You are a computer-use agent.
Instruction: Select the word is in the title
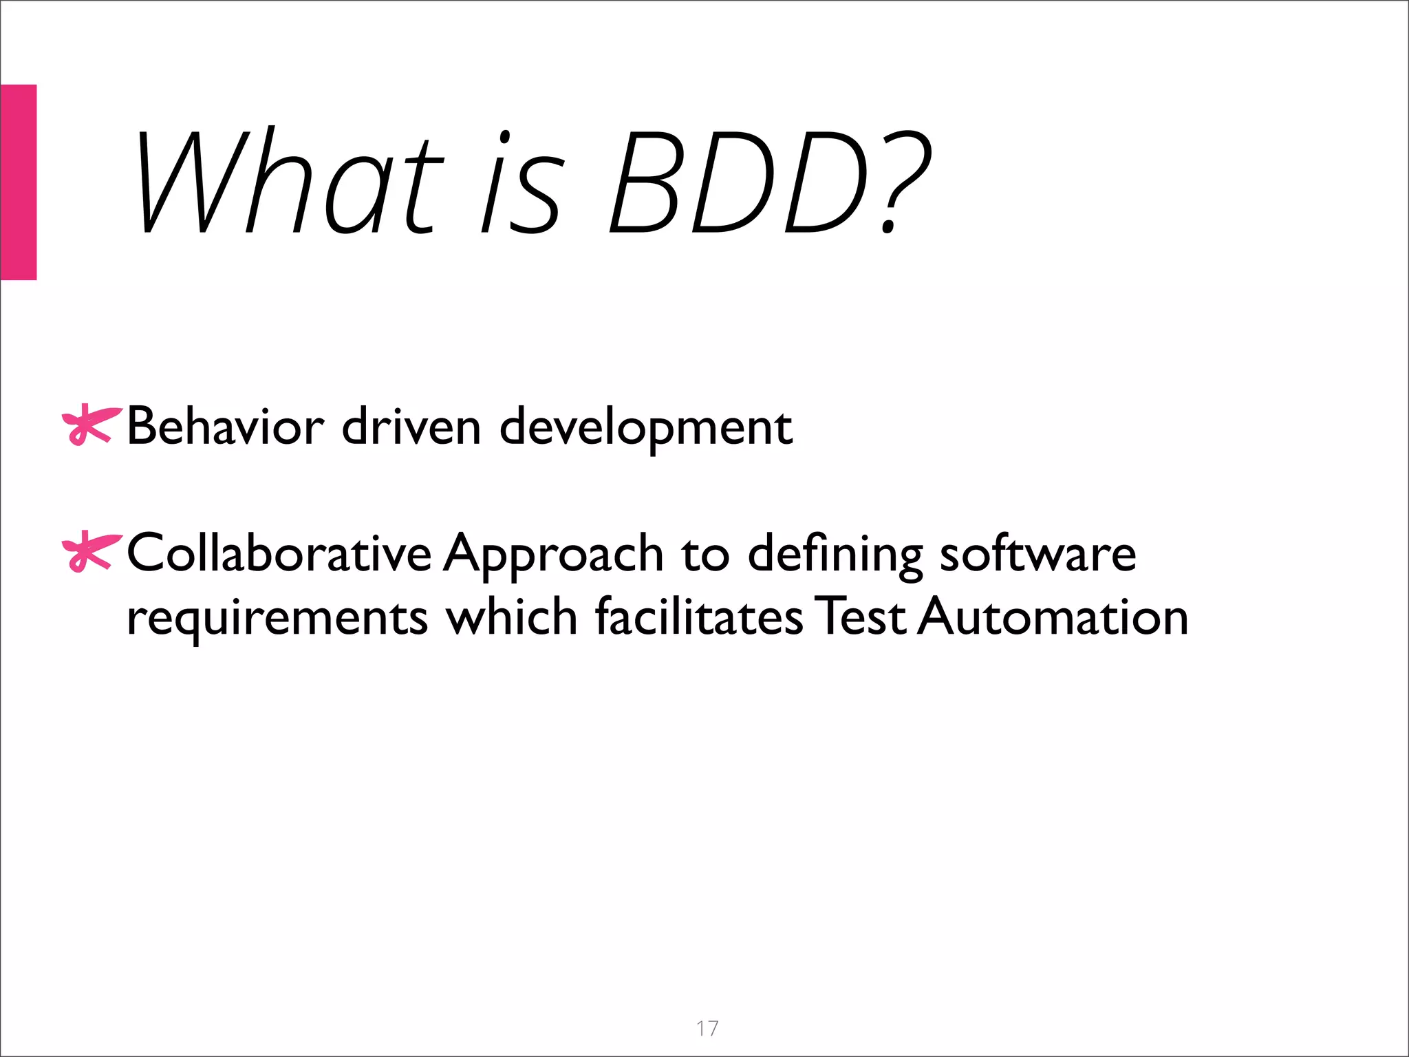[x=523, y=182]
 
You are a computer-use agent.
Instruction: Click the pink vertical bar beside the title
[x=18, y=182]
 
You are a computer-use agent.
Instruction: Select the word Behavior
[x=225, y=427]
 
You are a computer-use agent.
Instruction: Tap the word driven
[x=411, y=427]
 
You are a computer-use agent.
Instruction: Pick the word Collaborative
[x=279, y=553]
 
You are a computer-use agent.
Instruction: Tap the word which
[x=512, y=616]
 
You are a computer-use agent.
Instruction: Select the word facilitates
[x=698, y=616]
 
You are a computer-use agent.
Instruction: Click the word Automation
[x=1053, y=616]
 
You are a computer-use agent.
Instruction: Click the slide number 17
[x=707, y=1029]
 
